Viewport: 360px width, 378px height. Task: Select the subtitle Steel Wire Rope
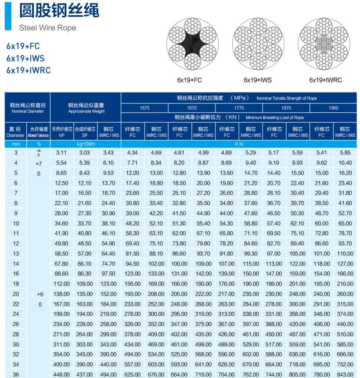tap(47, 28)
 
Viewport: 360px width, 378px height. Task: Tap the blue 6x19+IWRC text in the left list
tap(29, 70)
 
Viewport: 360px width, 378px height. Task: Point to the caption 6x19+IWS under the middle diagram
tap(258, 80)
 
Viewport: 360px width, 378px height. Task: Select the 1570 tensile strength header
tap(144, 108)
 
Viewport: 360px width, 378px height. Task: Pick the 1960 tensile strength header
tap(333, 108)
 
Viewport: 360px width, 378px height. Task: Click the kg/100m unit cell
tap(86, 144)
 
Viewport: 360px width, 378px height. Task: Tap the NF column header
tap(62, 132)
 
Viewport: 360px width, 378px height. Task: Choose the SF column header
tap(85, 132)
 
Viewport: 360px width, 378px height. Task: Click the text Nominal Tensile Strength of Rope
tap(287, 98)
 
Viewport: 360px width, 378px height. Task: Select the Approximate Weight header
tap(86, 108)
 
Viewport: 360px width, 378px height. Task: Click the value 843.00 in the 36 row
tap(345, 374)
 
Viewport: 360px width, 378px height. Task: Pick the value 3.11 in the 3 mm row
tap(61, 153)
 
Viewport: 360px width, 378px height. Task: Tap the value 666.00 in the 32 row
tap(345, 354)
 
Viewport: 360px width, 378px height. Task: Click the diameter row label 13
tap(16, 253)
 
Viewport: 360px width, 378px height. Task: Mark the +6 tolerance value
tap(39, 294)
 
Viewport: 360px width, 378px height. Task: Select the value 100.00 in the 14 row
tap(179, 264)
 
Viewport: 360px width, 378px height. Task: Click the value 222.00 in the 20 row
tap(203, 294)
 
